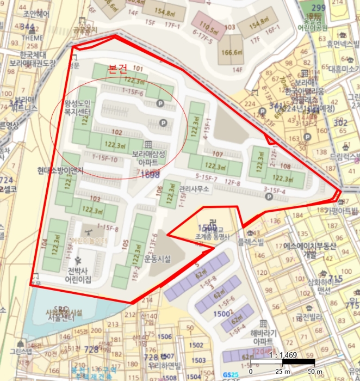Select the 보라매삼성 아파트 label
(148, 157)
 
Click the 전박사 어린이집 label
(79, 275)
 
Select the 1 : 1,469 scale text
(282, 355)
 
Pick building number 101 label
(138, 69)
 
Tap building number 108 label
(284, 168)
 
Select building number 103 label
(95, 199)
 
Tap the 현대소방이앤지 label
(60, 171)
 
